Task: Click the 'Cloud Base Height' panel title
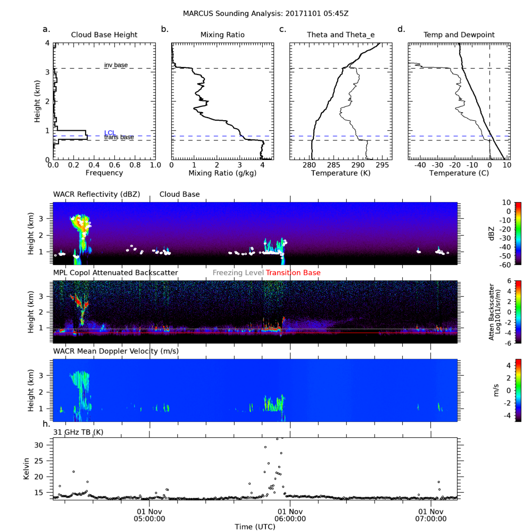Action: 104,35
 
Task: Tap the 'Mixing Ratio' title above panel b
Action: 222,35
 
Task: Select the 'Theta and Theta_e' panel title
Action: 340,35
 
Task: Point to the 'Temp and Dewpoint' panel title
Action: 459,35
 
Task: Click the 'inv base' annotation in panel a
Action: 115,65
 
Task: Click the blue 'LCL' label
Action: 110,132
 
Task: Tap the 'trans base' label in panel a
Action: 119,138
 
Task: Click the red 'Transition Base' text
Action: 293,273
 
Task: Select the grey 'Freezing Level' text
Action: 238,273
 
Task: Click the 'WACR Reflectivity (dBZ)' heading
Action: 96,195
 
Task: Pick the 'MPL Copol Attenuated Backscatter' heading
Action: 115,273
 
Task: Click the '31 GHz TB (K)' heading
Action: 78,431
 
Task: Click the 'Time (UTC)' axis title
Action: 255,526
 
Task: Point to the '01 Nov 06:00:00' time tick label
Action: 290,512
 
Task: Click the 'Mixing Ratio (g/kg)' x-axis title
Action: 222,173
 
